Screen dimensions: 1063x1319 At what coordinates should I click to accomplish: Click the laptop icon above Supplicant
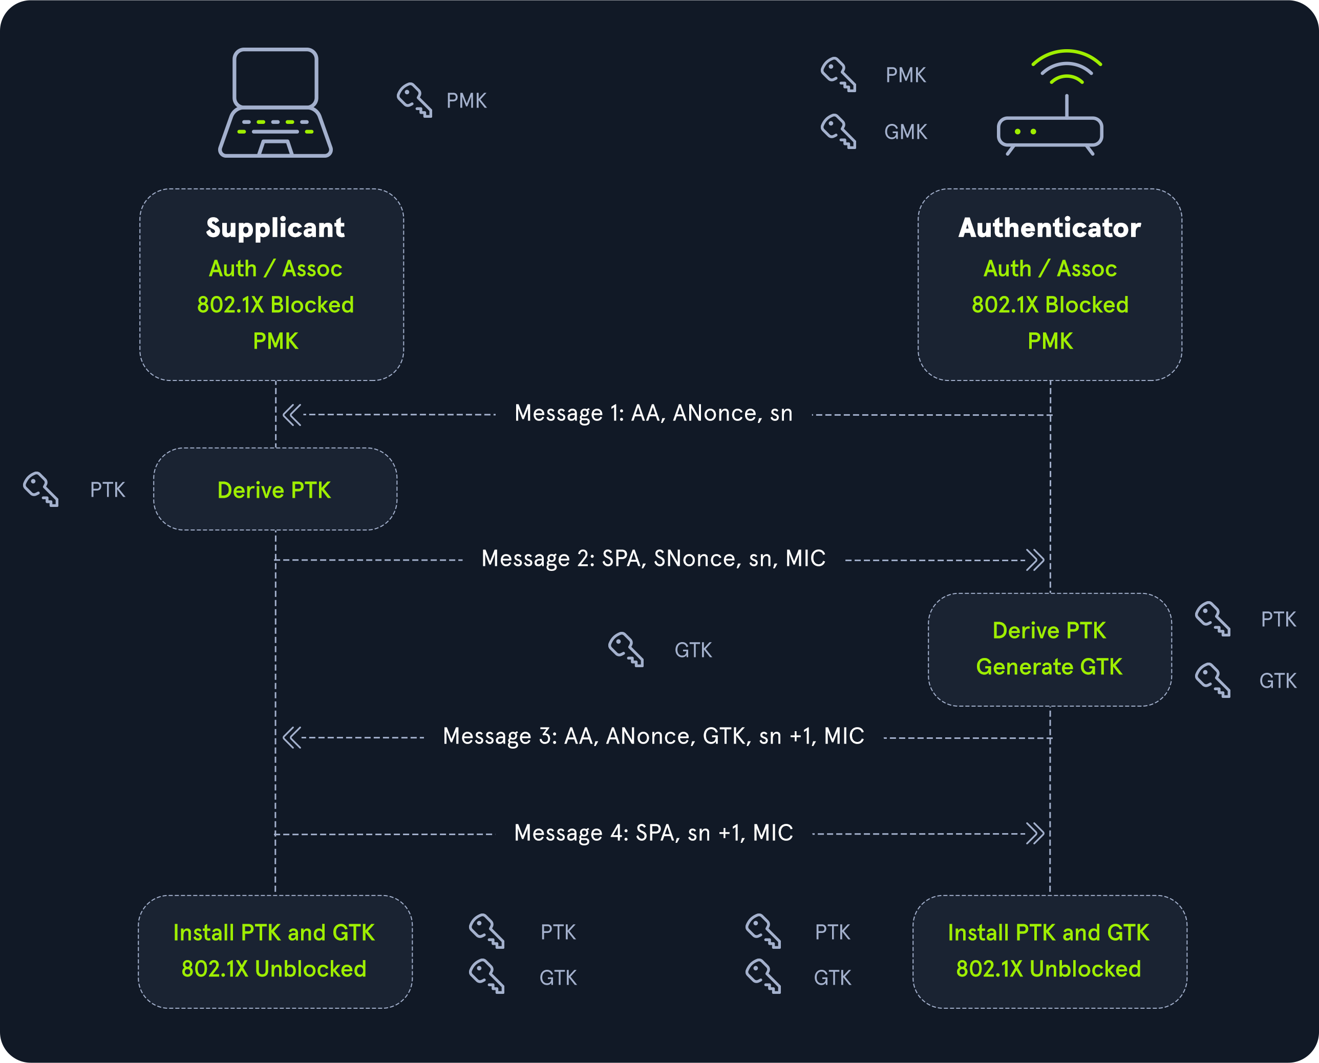pos(275,103)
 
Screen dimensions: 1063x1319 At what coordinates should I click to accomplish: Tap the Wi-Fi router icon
pos(1050,103)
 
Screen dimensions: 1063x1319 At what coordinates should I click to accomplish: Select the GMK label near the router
pos(906,132)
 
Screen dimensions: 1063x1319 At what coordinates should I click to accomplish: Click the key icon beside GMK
pos(838,131)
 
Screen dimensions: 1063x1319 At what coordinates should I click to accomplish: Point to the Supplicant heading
pos(275,228)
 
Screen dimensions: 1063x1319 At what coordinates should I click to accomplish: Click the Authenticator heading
pos(1050,228)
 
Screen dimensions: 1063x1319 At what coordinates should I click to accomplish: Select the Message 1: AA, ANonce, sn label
pos(653,413)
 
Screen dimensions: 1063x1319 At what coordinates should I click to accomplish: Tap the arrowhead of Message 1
pos(292,415)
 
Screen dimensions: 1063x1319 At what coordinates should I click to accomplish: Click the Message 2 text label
pos(653,559)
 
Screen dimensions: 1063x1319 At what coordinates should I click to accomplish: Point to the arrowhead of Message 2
pos(1035,560)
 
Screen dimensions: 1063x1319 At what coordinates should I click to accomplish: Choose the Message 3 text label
pos(653,736)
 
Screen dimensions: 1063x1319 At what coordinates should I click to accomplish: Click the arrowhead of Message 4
pos(1035,834)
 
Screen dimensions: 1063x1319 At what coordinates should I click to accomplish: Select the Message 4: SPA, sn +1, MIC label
pos(653,833)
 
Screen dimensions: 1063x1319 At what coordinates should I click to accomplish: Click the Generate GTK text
pos(1049,667)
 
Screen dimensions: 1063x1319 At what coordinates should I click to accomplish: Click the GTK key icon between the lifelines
pos(626,649)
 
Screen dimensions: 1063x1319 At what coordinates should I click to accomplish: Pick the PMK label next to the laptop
pos(466,100)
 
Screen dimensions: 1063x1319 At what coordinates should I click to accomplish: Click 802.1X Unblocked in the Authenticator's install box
pos(1048,969)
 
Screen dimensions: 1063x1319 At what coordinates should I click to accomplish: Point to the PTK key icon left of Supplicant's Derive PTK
pos(40,488)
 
